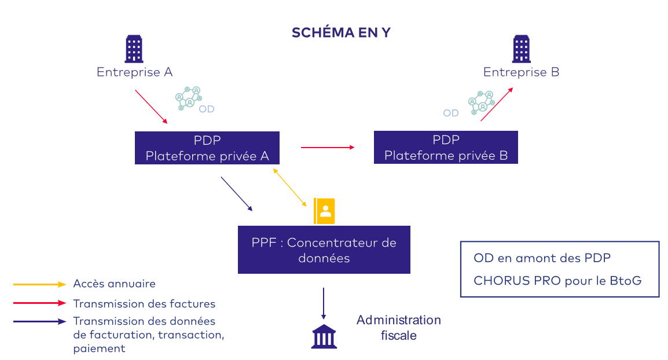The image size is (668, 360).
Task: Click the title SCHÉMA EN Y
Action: pyautogui.click(x=341, y=32)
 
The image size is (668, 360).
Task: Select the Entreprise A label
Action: pyautogui.click(x=134, y=72)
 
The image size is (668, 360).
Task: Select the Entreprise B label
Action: pyautogui.click(x=521, y=72)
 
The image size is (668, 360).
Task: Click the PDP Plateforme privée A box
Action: pyautogui.click(x=207, y=148)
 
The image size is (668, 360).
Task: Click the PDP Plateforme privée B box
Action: pyautogui.click(x=446, y=148)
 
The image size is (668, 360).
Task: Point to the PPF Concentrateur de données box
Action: pyautogui.click(x=324, y=250)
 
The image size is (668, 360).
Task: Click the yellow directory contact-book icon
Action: pyautogui.click(x=324, y=211)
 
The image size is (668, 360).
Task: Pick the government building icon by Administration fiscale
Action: pyautogui.click(x=324, y=336)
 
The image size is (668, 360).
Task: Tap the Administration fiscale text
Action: pyautogui.click(x=398, y=328)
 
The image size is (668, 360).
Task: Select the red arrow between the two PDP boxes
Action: pyautogui.click(x=327, y=148)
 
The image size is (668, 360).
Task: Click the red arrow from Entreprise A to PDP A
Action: pyautogui.click(x=151, y=106)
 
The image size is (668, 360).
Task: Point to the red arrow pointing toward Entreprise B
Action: pyautogui.click(x=497, y=104)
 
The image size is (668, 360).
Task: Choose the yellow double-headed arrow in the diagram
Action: pyautogui.click(x=290, y=187)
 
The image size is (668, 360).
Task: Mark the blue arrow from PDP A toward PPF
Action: pyautogui.click(x=237, y=194)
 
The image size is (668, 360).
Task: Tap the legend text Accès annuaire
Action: pyautogui.click(x=114, y=284)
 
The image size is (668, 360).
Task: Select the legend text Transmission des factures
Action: pyautogui.click(x=144, y=303)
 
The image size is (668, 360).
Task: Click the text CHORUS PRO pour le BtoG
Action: pyautogui.click(x=557, y=281)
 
